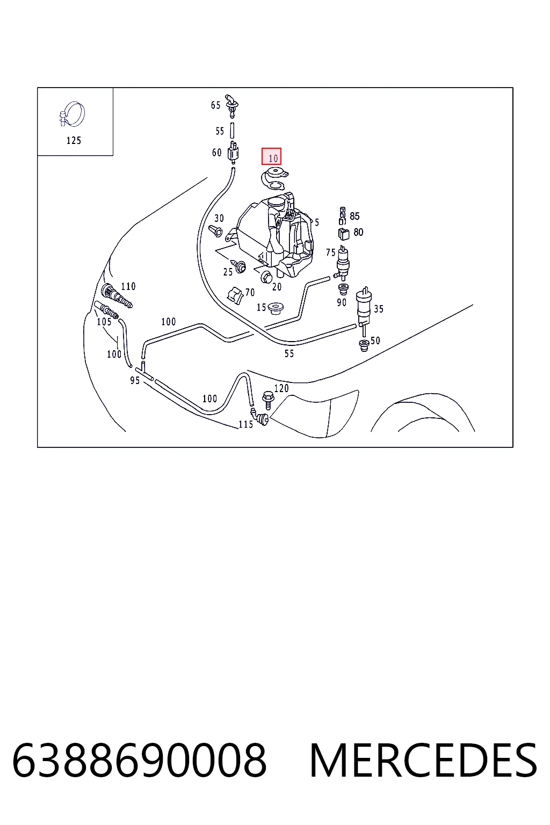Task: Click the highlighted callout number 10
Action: [x=271, y=156]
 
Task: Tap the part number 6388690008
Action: [x=139, y=761]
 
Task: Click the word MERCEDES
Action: [x=423, y=761]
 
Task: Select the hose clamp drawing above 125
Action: [x=72, y=114]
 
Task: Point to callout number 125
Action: [x=74, y=140]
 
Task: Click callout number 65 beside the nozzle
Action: [x=215, y=105]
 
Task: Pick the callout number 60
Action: [x=216, y=153]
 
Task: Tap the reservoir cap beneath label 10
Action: [x=274, y=179]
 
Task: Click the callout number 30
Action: [x=219, y=219]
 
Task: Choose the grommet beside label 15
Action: [x=275, y=308]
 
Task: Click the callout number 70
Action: [x=250, y=292]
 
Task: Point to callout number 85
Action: [x=354, y=216]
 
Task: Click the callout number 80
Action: [x=358, y=232]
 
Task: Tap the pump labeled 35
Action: [x=364, y=308]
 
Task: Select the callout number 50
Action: [x=375, y=341]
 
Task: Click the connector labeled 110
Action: [x=116, y=295]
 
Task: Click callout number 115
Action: [x=245, y=424]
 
